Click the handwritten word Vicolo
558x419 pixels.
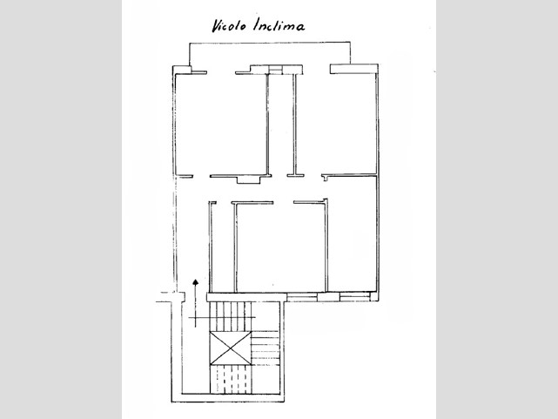pyautogui.click(x=229, y=26)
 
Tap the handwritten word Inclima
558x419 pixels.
pyautogui.click(x=279, y=25)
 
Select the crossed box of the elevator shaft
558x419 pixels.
pyautogui.click(x=230, y=348)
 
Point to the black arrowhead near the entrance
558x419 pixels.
pyautogui.click(x=195, y=282)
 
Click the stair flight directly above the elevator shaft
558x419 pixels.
pyautogui.click(x=230, y=316)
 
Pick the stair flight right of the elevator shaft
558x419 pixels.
pyautogui.click(x=266, y=348)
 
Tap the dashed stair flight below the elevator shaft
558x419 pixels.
pyautogui.click(x=230, y=380)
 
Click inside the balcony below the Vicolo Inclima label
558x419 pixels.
pyautogui.click(x=269, y=53)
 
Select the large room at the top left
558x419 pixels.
pyautogui.click(x=220, y=124)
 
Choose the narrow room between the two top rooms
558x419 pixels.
pyautogui.click(x=281, y=125)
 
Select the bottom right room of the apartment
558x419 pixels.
pyautogui.click(x=352, y=234)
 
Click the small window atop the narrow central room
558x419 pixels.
pyautogui.click(x=275, y=70)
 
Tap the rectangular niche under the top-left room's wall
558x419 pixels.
pyautogui.click(x=249, y=180)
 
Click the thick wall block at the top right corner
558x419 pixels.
pyautogui.click(x=353, y=69)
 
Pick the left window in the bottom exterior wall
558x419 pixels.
pyautogui.click(x=302, y=297)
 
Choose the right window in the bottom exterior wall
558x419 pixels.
pyautogui.click(x=355, y=297)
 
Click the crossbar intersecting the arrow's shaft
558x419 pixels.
pyautogui.click(x=222, y=317)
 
